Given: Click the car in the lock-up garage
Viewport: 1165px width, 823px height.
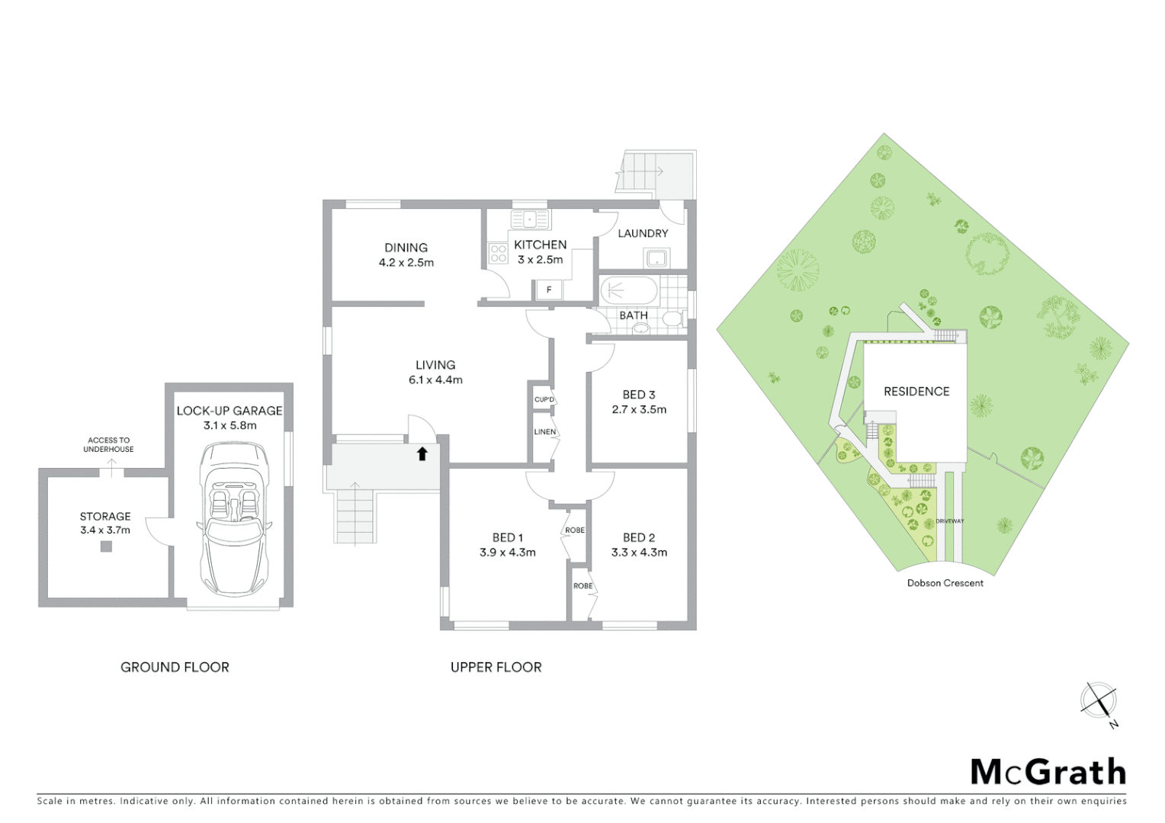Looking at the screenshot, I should (234, 520).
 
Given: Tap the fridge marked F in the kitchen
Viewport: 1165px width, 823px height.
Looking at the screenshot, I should (548, 290).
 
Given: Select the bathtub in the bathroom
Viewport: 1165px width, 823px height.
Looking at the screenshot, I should (629, 291).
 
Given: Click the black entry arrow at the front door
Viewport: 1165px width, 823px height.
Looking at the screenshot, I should (422, 454).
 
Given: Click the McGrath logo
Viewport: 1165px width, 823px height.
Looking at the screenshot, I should (1048, 772).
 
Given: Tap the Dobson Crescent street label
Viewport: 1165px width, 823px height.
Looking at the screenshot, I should (945, 583).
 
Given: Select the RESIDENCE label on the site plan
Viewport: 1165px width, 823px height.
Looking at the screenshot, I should (916, 392).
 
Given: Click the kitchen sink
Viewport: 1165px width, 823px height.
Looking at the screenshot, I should (531, 219).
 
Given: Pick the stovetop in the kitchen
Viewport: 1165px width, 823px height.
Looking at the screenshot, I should (499, 253).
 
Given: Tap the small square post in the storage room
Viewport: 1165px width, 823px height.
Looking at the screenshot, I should (106, 546).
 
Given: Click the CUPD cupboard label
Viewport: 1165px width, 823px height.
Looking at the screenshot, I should (544, 399).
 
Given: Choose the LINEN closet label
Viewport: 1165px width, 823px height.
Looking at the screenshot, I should (544, 432).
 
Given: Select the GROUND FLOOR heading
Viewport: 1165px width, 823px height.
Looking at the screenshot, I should (175, 667).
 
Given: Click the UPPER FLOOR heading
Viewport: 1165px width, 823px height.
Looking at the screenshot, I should (496, 667).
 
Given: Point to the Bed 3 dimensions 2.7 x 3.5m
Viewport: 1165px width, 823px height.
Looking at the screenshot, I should (639, 409).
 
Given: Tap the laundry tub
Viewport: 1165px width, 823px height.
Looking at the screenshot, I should (657, 259).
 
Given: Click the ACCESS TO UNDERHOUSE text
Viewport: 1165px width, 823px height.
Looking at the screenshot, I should (109, 444).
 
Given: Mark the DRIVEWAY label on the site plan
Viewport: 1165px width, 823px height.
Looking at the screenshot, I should (950, 521).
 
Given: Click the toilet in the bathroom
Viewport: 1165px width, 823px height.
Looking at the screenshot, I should (671, 319).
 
